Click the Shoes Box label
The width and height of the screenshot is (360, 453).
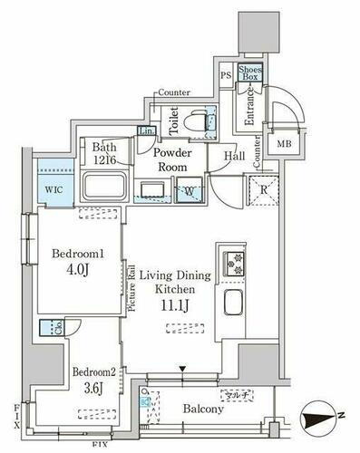[x=248, y=75]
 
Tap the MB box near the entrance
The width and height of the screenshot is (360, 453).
[x=284, y=144]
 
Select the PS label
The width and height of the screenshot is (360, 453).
[x=224, y=75]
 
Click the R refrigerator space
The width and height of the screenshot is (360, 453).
[x=261, y=190]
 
